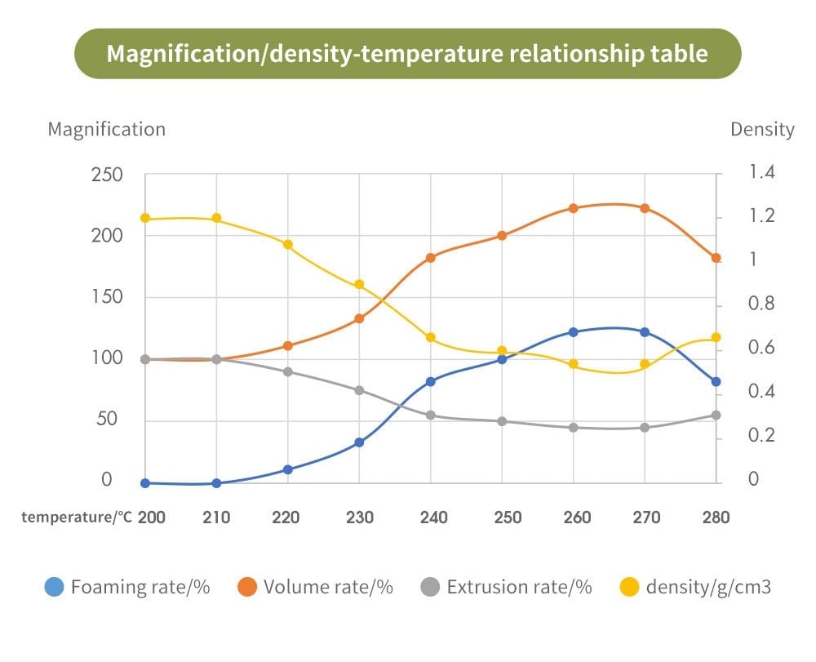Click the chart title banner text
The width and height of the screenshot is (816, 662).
coord(407,54)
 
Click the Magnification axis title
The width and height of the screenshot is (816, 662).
coord(106,129)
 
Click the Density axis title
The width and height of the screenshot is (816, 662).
coord(761,129)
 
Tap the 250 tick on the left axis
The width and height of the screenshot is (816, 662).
coord(107,175)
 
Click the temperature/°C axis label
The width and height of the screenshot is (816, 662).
coord(77,517)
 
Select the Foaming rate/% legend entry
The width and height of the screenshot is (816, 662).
coord(128,587)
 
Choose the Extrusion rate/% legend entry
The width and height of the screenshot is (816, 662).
coord(506,587)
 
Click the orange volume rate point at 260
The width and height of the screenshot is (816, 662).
coord(574,208)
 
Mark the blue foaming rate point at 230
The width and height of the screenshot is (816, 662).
coord(359,442)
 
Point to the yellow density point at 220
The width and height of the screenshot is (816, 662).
coord(288,244)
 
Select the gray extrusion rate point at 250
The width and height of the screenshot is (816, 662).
coord(502,421)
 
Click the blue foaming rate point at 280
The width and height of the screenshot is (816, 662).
coord(716,381)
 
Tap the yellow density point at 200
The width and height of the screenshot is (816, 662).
coord(145,218)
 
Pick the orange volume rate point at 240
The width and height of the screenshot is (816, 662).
coord(431,258)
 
